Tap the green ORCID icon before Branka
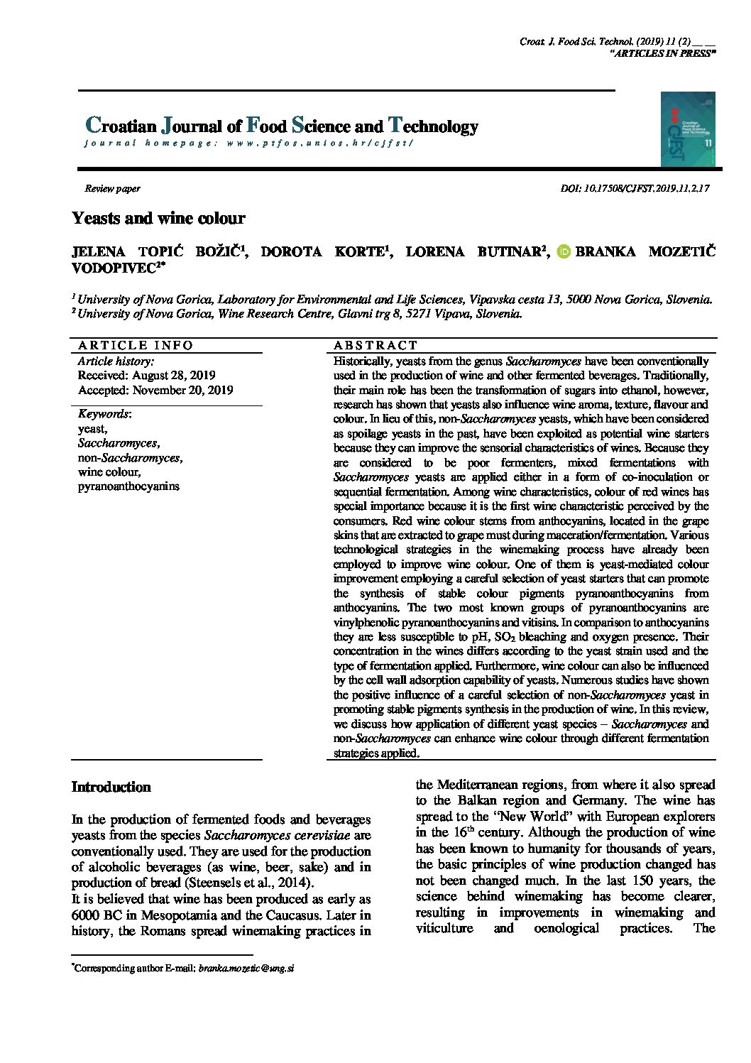point(564,251)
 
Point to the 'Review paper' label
point(112,189)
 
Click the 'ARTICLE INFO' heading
point(136,346)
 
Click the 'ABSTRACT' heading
point(375,346)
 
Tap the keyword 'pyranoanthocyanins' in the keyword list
point(128,486)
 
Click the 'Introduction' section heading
point(111,787)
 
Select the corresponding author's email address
point(246,968)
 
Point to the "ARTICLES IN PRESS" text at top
point(662,53)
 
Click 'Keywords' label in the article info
point(103,414)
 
